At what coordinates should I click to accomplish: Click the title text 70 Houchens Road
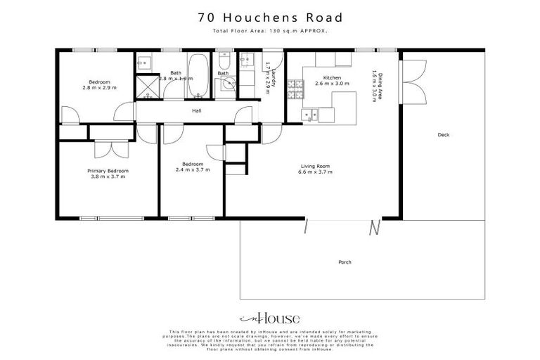pyautogui.click(x=270, y=17)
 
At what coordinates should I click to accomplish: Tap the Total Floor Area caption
pyautogui.click(x=270, y=32)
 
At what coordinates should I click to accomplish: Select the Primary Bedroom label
pyautogui.click(x=108, y=171)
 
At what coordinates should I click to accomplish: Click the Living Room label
pyautogui.click(x=314, y=167)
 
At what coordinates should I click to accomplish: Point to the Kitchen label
pyautogui.click(x=332, y=77)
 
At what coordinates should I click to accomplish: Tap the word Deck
pyautogui.click(x=443, y=135)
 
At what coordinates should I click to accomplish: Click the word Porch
pyautogui.click(x=345, y=262)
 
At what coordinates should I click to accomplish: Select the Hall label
pyautogui.click(x=198, y=111)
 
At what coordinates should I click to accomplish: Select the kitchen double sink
pyautogui.click(x=310, y=114)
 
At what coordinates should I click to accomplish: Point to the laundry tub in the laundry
pyautogui.click(x=247, y=59)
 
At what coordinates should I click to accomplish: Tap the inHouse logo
pyautogui.click(x=269, y=318)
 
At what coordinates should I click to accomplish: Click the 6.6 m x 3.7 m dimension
pyautogui.click(x=314, y=172)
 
